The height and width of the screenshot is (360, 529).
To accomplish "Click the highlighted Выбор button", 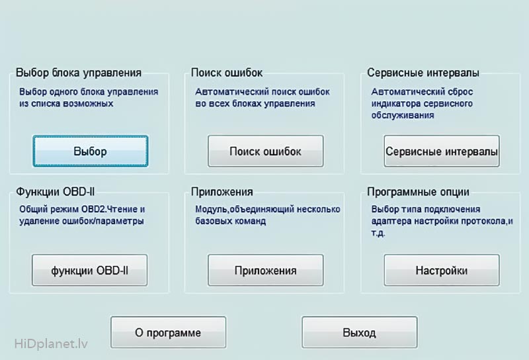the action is click(91, 151).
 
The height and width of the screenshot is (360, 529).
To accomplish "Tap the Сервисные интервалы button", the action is click(442, 151).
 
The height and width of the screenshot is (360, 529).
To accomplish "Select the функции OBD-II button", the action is click(90, 270).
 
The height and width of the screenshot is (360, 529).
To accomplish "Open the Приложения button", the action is click(266, 270).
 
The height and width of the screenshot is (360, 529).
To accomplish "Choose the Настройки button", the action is click(442, 270).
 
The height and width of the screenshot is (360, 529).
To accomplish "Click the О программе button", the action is click(169, 332).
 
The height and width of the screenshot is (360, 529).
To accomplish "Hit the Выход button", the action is click(359, 332).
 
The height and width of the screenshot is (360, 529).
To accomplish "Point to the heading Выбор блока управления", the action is click(79, 73).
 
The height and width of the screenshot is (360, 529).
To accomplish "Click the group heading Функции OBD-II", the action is click(56, 192).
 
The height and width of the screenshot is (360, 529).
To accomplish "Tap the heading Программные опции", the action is click(418, 192).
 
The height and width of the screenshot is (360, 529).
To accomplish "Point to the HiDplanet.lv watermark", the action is click(51, 344).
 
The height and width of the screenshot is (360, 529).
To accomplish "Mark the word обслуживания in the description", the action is click(403, 115).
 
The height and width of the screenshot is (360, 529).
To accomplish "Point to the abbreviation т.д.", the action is click(378, 233).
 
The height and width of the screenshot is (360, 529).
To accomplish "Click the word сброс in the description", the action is click(459, 92).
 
